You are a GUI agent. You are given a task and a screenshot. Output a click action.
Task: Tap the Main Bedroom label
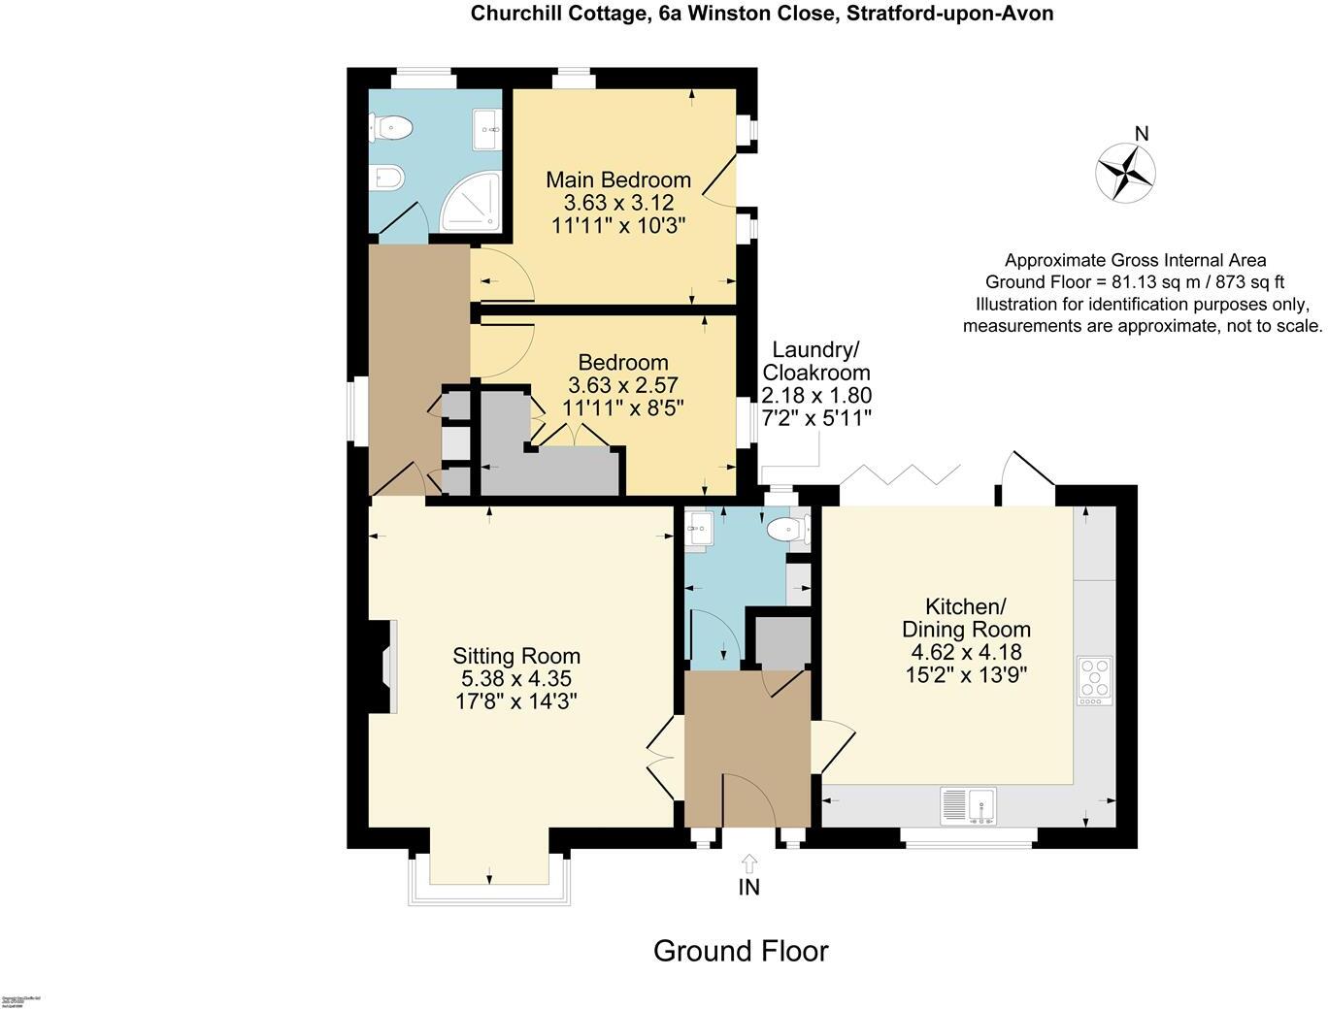pyautogui.click(x=618, y=179)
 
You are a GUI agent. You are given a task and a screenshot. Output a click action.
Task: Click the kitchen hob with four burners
pyautogui.click(x=1095, y=680)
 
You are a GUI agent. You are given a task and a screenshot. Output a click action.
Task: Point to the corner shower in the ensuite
pyautogui.click(x=474, y=204)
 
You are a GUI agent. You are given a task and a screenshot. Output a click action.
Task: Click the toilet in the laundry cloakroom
pyautogui.click(x=786, y=530)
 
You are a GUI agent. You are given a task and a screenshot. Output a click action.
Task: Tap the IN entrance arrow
pyautogui.click(x=748, y=863)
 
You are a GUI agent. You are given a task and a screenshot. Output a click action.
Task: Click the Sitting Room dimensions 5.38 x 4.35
pyautogui.click(x=516, y=679)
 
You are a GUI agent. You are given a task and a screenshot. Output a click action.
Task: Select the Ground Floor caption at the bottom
pyautogui.click(x=741, y=951)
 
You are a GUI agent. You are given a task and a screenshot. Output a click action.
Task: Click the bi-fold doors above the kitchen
pyautogui.click(x=899, y=475)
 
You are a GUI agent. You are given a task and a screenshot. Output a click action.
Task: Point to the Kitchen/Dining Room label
pyautogui.click(x=964, y=618)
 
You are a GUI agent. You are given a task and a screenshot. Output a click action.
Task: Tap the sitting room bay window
pyautogui.click(x=488, y=878)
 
